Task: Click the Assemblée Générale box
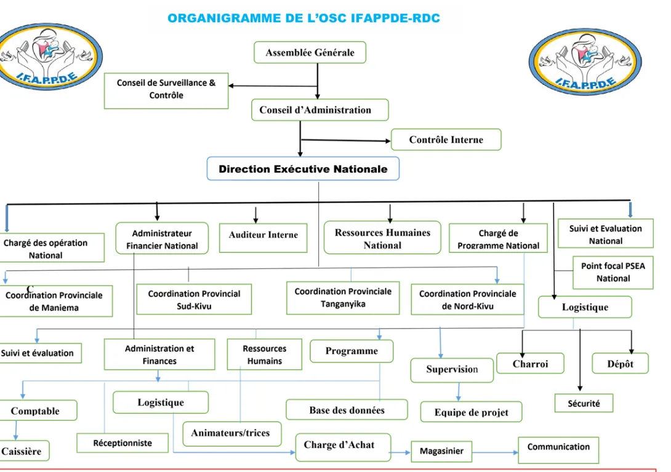click(310, 52)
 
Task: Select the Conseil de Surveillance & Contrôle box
click(166, 90)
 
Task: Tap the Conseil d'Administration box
click(320, 110)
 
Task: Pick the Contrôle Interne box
click(446, 140)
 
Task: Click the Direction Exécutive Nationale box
click(303, 169)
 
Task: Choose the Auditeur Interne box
click(263, 238)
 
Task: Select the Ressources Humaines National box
click(382, 238)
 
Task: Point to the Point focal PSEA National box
click(613, 273)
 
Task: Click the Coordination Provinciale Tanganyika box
click(343, 298)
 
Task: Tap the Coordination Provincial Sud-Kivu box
click(194, 300)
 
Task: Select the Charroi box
click(530, 363)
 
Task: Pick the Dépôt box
click(620, 363)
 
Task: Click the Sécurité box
click(584, 403)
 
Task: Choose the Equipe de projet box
click(471, 412)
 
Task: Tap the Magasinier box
click(441, 452)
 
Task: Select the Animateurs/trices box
click(232, 433)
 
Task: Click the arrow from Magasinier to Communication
click(495, 452)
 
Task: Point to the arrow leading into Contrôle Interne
click(346, 140)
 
